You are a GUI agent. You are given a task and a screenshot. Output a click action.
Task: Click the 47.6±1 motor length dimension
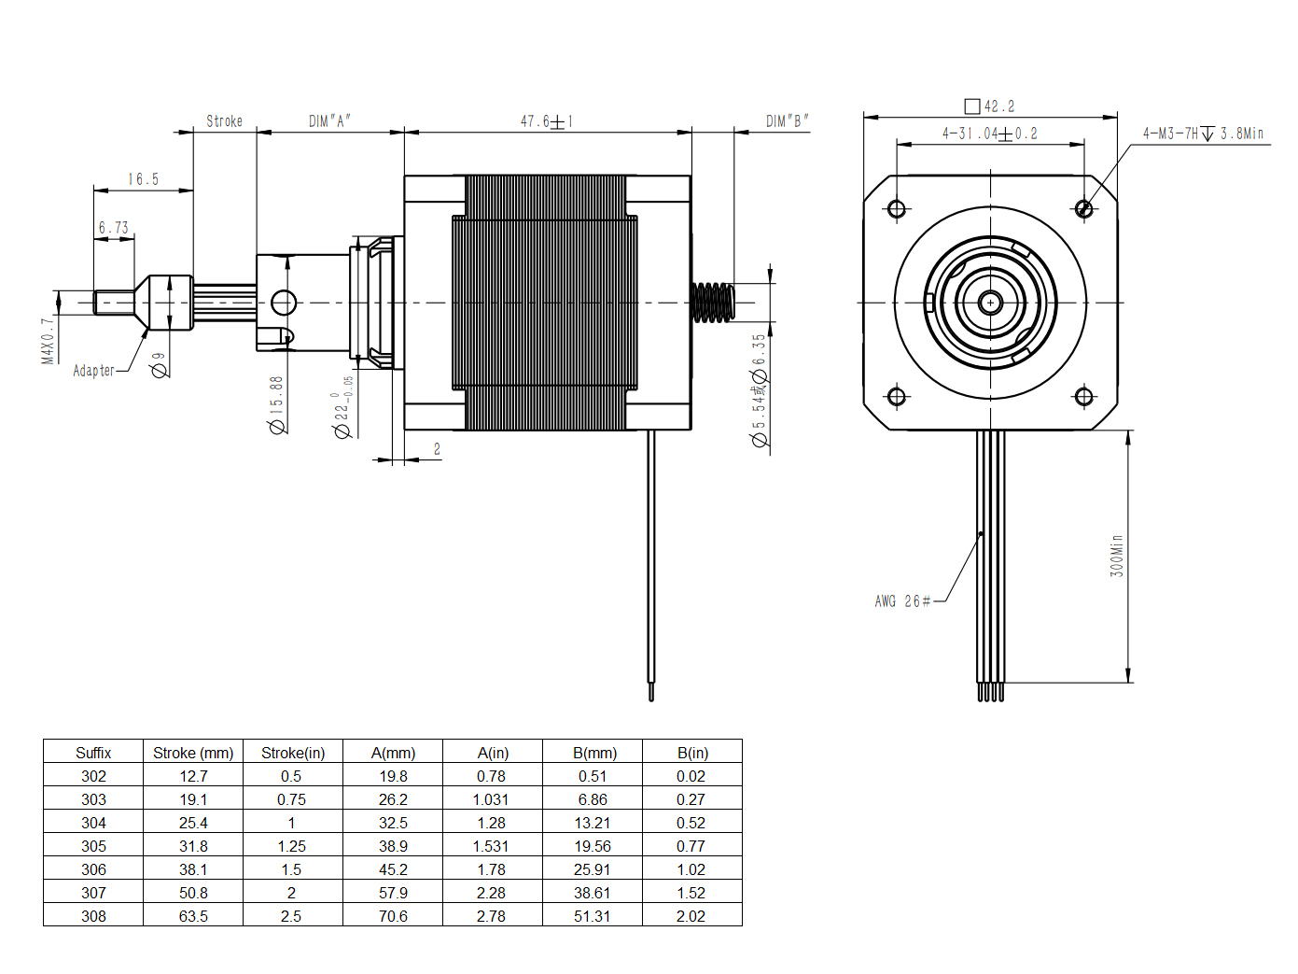pos(547,121)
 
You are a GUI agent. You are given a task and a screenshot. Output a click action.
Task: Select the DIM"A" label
pos(329,120)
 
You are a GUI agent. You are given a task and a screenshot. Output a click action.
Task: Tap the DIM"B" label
pos(787,120)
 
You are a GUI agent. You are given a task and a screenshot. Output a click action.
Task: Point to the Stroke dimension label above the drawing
pos(224,120)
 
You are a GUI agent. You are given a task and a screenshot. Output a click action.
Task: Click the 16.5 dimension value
pos(143,178)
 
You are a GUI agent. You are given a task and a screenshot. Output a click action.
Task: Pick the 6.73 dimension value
pos(114,227)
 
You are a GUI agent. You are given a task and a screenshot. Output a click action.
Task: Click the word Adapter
pos(93,371)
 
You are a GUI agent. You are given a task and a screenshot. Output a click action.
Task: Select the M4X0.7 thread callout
pos(48,341)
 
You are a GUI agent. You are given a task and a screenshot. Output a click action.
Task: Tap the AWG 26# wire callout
pos(902,601)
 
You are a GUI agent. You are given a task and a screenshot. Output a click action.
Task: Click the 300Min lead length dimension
pos(1116,556)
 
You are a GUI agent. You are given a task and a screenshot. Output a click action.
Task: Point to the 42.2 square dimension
pos(989,106)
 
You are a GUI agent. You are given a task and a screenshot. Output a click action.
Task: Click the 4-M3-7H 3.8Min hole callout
pos(1203,134)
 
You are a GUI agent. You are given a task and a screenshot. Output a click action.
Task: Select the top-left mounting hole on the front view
pos(897,209)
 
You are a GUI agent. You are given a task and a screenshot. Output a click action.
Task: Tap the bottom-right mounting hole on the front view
pos(1084,397)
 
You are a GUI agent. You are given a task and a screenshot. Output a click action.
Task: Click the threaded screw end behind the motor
pos(713,303)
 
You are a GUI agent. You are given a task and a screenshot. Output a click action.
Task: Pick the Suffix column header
pos(93,753)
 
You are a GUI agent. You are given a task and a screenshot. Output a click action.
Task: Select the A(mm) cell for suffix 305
pos(393,846)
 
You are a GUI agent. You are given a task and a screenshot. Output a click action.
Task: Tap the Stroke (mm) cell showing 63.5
pos(193,916)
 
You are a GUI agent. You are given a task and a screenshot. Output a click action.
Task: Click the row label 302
pos(93,776)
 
